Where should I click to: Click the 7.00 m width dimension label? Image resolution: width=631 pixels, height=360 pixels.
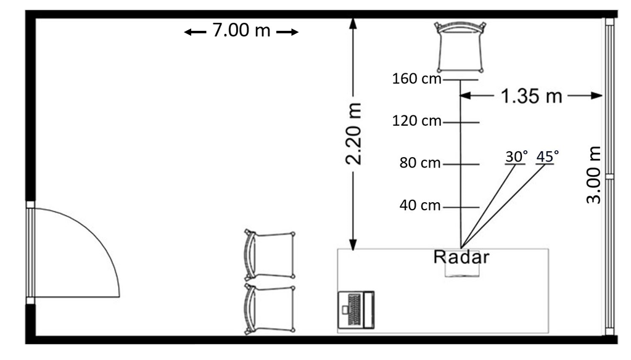241,31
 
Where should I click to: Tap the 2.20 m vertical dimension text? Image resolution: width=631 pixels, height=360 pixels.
353,134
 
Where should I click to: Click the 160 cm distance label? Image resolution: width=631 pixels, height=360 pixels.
413,80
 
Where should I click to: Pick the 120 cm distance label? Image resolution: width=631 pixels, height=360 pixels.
413,122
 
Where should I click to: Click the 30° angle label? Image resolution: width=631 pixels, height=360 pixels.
516,157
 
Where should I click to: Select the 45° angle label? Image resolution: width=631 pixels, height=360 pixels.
547,157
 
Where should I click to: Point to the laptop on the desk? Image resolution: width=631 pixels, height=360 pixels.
357,310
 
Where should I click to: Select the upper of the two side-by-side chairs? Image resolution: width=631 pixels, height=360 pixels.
269,255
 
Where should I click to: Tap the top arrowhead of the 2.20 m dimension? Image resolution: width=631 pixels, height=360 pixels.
353,23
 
